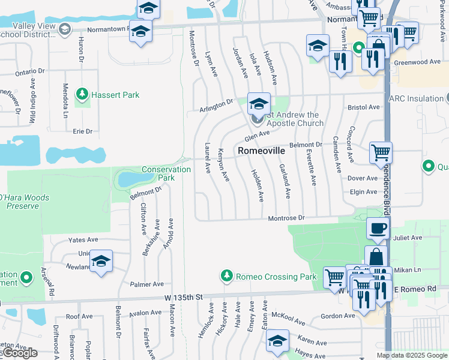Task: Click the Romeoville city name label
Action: point(261,151)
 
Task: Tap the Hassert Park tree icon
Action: point(82,95)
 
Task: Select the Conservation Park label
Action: point(166,173)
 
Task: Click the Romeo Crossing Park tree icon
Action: point(226,276)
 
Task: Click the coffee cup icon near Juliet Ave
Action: point(378,229)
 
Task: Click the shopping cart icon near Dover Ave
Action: point(381,152)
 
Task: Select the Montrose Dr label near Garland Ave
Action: point(287,218)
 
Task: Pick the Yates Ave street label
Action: point(83,239)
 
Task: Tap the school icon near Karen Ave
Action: point(278,341)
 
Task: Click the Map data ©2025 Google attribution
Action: point(412,355)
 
